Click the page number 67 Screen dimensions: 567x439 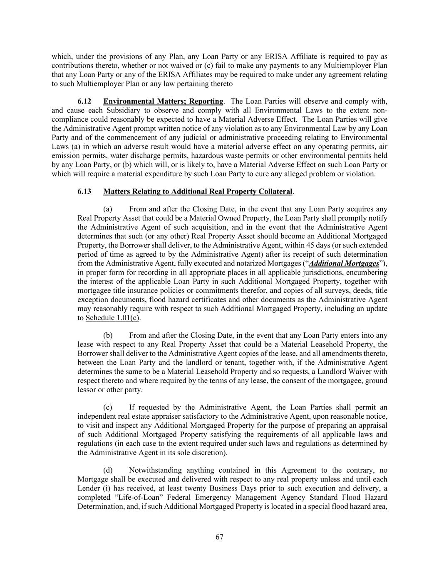pos(219,537)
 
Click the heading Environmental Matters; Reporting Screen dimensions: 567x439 pos(163,102)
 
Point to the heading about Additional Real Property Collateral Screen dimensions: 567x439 pos(198,191)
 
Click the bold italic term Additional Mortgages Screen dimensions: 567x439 pos(344,263)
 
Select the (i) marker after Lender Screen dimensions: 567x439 pos(102,488)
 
